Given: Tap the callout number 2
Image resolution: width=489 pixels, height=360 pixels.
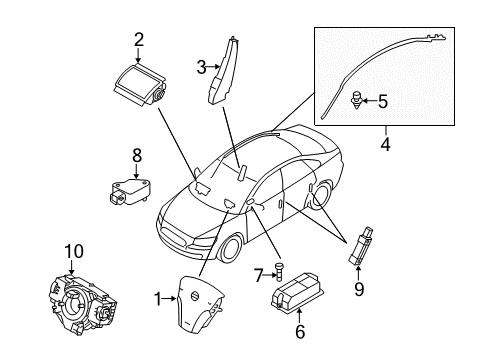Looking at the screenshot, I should pos(139,40).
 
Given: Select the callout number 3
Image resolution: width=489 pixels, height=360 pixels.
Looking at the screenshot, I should pos(201,67).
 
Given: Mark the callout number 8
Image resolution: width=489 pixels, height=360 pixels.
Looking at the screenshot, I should pos(138,155).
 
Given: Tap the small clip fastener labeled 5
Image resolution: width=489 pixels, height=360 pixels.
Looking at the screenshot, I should pos(356,100).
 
